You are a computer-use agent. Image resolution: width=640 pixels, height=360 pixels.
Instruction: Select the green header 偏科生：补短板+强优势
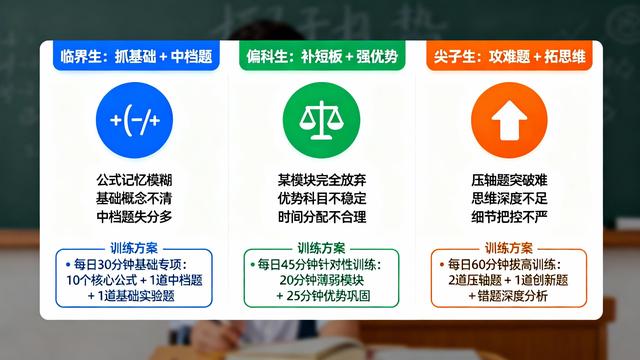319,56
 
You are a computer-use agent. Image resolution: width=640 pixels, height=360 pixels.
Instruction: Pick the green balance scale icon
319,121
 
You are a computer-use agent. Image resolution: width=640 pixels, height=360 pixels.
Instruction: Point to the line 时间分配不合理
319,216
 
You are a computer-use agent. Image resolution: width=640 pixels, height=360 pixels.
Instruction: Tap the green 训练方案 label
319,247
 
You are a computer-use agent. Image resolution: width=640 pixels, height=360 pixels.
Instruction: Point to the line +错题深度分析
509,297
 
